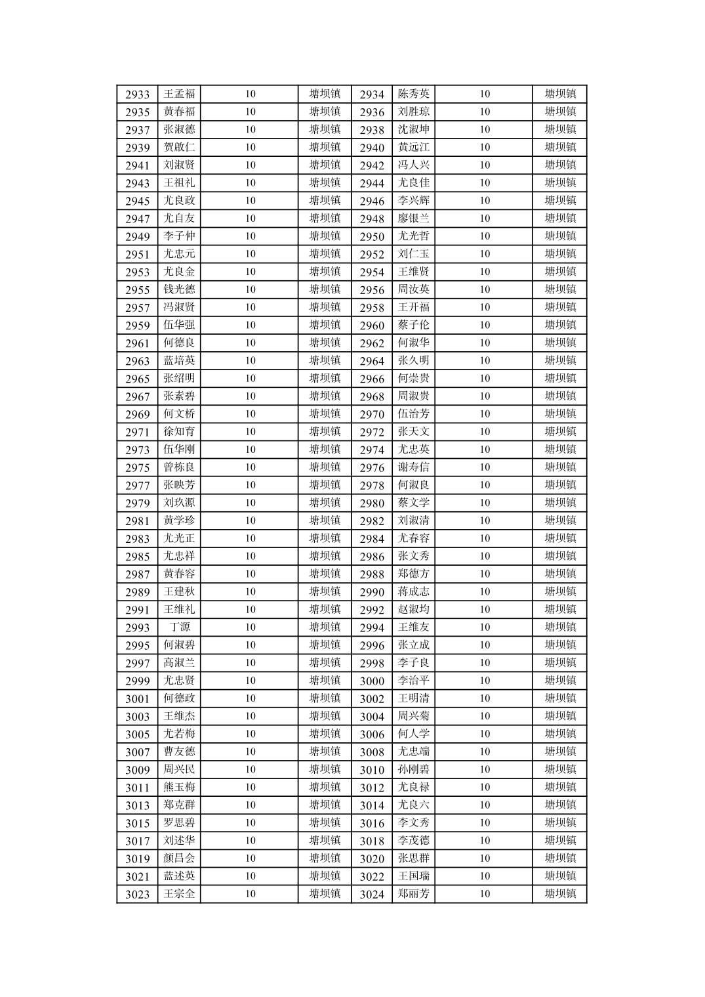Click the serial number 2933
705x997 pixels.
(137, 95)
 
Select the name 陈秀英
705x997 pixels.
(413, 94)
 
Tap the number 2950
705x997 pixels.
(372, 237)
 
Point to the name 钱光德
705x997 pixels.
(179, 289)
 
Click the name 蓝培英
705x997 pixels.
(179, 360)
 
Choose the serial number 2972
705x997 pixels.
(372, 432)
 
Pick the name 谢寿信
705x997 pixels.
(413, 467)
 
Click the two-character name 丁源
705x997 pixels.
(179, 627)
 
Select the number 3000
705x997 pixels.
(372, 681)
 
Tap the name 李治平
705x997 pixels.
(413, 681)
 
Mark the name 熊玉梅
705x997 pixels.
(179, 787)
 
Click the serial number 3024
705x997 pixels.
(372, 895)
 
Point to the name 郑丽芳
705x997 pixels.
(413, 894)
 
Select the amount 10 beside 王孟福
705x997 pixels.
(250, 94)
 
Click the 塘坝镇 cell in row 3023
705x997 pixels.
(325, 894)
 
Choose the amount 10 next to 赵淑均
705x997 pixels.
(484, 610)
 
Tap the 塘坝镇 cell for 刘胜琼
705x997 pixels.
(560, 112)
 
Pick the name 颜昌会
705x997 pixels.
(179, 859)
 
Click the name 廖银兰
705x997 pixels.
(413, 219)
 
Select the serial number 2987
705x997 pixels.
(137, 574)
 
